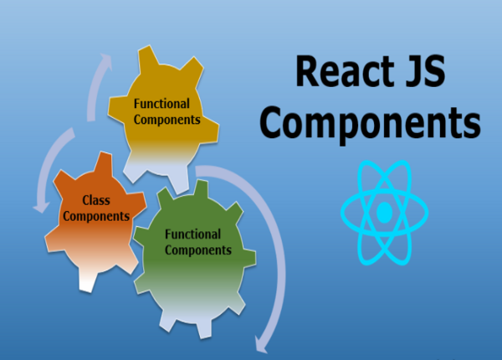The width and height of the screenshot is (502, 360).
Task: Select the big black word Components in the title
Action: click(x=368, y=124)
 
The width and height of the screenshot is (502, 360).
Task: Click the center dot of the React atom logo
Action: click(x=384, y=213)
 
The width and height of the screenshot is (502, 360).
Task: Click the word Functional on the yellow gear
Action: click(x=161, y=105)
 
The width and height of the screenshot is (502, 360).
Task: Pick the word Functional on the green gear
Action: click(x=193, y=235)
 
